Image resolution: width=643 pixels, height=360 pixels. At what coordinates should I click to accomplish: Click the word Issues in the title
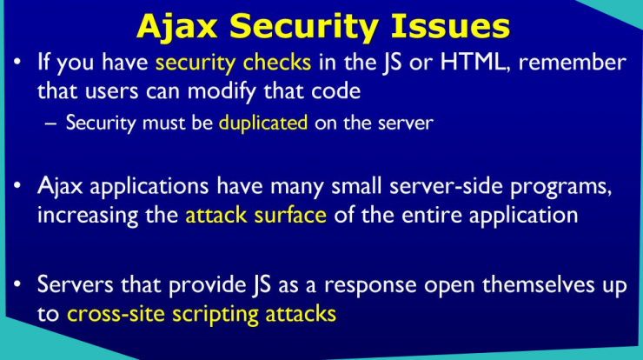click(449, 26)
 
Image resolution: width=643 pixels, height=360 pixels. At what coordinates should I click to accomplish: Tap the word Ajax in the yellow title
click(176, 28)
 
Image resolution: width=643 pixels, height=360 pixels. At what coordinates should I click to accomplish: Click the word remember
click(573, 63)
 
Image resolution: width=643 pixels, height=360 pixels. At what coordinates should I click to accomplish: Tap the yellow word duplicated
click(263, 123)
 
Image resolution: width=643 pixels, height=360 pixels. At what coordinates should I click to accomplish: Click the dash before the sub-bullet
click(50, 123)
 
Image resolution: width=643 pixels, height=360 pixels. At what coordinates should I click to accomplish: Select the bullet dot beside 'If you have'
click(17, 62)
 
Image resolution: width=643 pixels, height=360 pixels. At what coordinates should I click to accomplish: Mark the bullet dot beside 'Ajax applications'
click(17, 185)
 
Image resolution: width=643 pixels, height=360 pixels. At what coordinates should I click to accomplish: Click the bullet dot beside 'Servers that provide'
click(17, 284)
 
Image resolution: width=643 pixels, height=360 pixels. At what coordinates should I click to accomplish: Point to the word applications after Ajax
click(149, 187)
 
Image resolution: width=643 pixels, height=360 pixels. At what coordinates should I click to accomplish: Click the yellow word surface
click(290, 215)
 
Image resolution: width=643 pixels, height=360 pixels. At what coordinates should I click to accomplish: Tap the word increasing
click(88, 216)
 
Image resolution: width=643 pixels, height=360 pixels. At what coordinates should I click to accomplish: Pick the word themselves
click(538, 285)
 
